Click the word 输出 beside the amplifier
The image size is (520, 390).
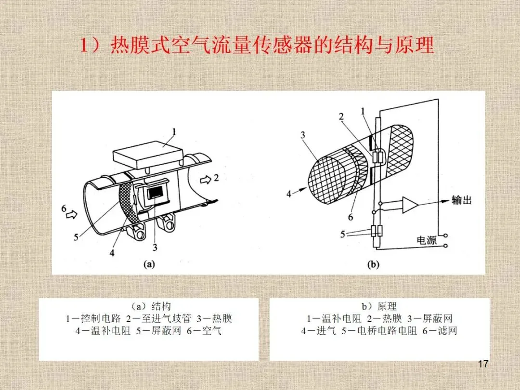click(461, 200)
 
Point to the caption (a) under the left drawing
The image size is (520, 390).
click(148, 263)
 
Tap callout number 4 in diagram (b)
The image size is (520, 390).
click(289, 194)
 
